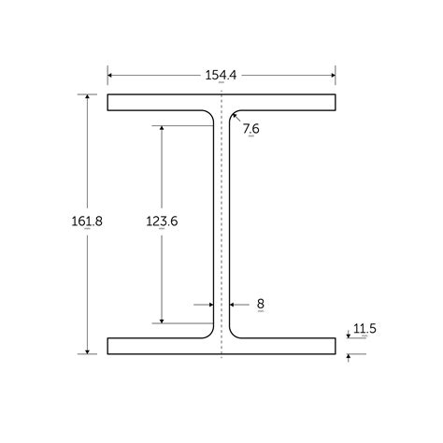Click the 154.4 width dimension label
221,76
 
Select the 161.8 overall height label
87,221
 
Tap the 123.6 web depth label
162,221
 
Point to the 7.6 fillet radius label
251,128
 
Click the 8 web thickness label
261,304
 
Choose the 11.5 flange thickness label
364,328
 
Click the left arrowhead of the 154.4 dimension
110,75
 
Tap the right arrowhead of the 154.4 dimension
333,75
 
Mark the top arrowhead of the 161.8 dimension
87,96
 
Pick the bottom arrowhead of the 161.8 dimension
87,351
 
